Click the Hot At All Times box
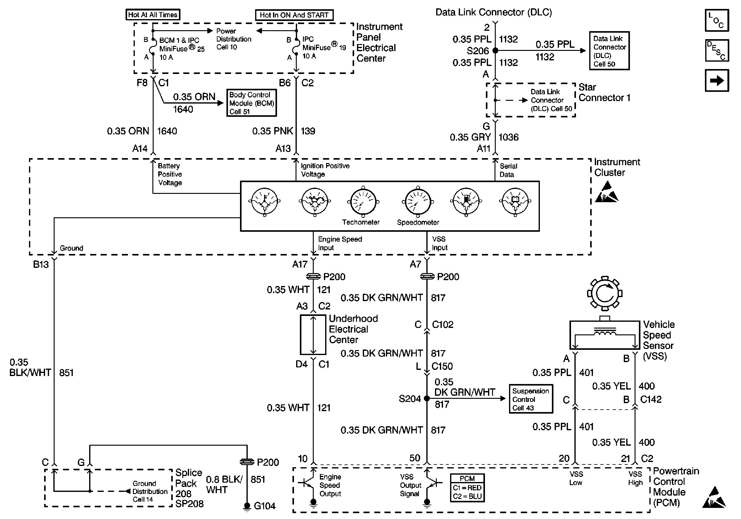point(153,15)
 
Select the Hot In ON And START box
point(294,15)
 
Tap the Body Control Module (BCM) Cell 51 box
point(251,103)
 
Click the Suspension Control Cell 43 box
point(531,399)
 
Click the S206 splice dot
point(495,51)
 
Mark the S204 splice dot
point(427,398)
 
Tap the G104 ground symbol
point(247,506)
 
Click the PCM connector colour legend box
point(467,488)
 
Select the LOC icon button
point(716,20)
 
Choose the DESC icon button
point(716,50)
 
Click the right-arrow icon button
point(716,80)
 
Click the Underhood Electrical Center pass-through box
point(313,335)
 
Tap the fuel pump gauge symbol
point(466,202)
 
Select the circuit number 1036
point(509,137)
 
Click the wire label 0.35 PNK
point(272,131)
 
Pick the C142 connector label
point(651,399)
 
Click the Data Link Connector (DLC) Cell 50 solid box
point(609,51)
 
